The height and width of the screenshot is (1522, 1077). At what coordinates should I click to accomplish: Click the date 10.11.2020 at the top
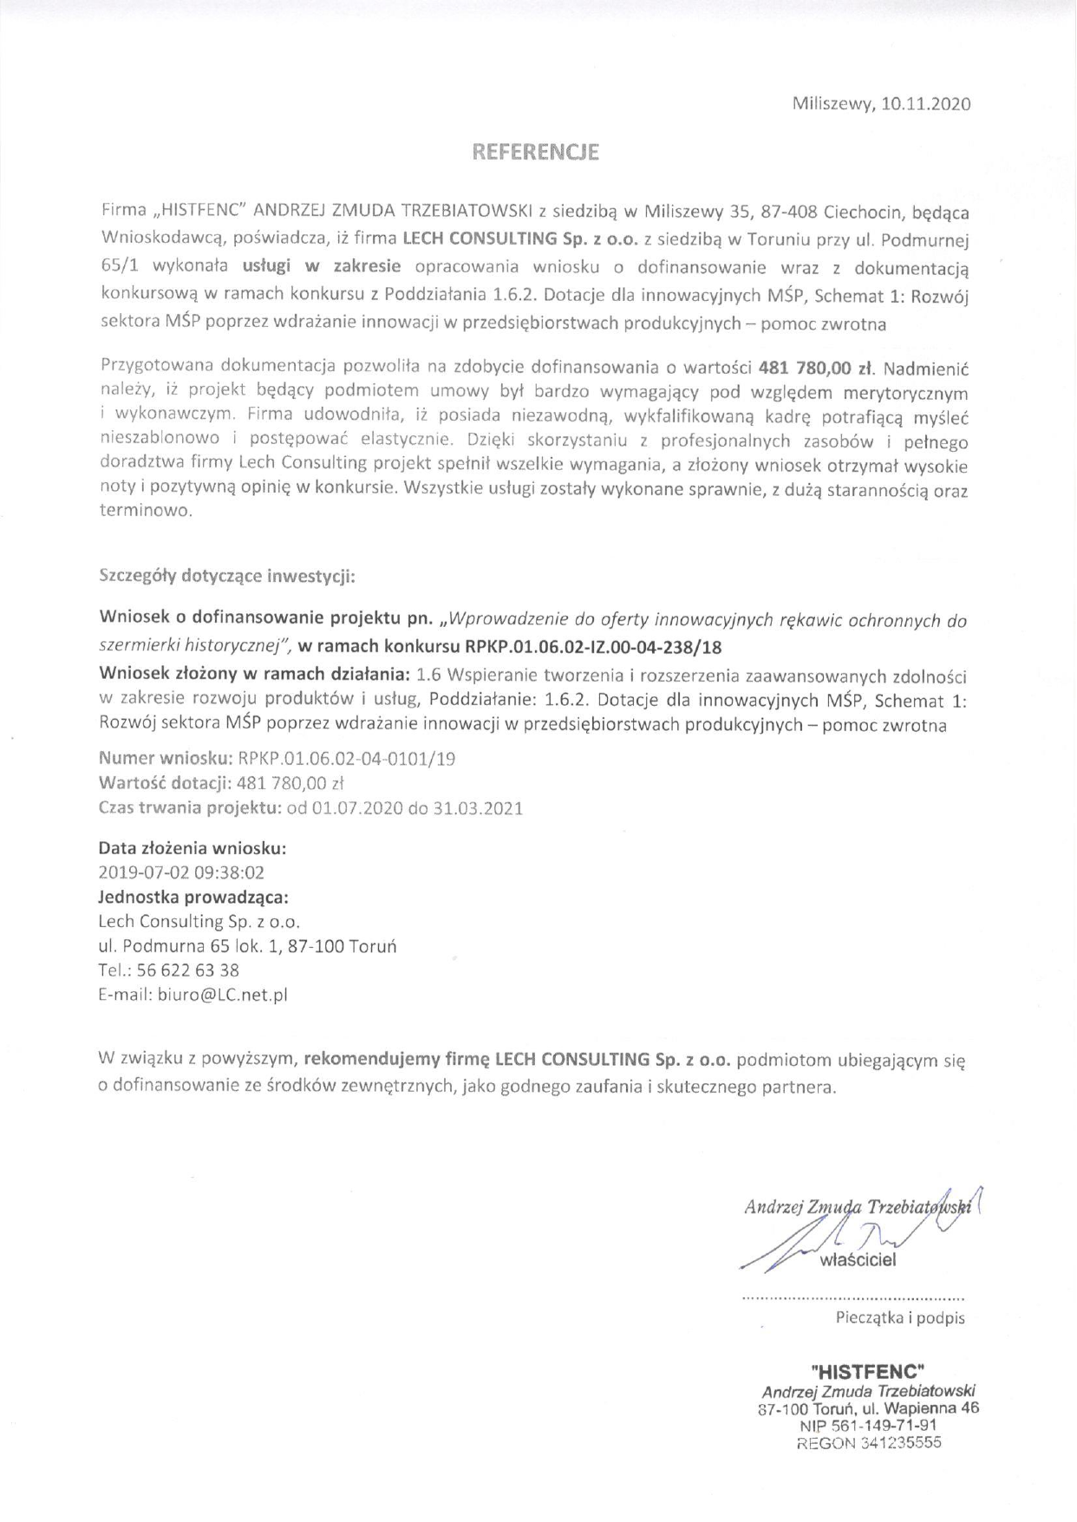click(x=926, y=104)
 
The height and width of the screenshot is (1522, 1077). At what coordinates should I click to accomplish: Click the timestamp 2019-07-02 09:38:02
click(x=182, y=872)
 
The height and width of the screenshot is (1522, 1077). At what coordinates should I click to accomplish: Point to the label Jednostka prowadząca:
click(x=193, y=897)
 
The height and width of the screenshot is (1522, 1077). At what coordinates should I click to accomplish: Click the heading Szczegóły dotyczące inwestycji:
click(x=227, y=576)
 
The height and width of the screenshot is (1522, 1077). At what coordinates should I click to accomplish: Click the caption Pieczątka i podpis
click(x=900, y=1318)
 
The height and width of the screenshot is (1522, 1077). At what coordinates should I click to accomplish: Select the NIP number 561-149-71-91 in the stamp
click(x=885, y=1426)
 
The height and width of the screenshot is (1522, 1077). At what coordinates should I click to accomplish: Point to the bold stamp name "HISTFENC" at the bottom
click(x=868, y=1372)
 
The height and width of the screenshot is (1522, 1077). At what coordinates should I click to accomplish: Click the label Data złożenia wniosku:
click(x=193, y=848)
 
